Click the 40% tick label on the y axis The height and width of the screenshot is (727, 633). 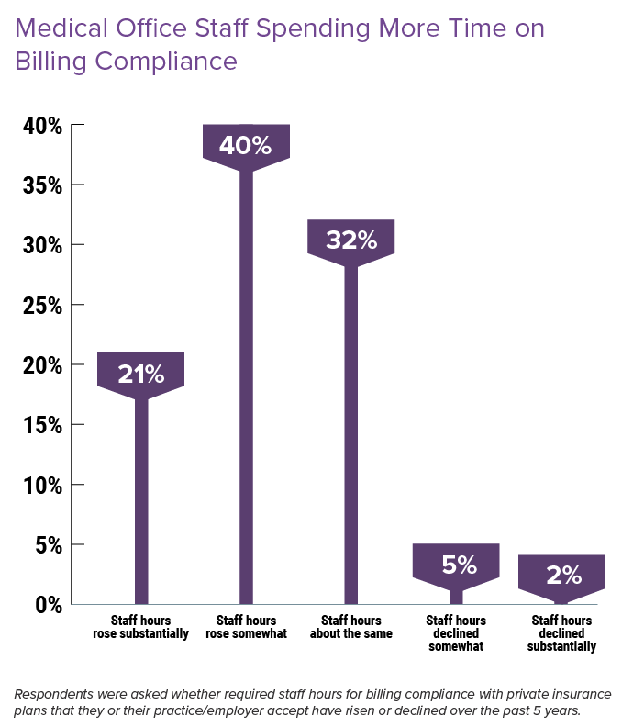click(42, 126)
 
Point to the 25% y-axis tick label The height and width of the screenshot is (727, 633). click(42, 305)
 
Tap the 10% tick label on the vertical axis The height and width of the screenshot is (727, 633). click(42, 485)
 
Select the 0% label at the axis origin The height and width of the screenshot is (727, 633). click(48, 605)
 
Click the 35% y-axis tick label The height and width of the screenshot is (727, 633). click(42, 185)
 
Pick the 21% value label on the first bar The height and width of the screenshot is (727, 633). click(141, 375)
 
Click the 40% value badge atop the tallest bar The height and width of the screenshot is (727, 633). click(246, 146)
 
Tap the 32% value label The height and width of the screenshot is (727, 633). click(351, 240)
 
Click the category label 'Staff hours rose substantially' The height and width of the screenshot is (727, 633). click(141, 627)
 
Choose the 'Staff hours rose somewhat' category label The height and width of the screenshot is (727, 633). click(246, 627)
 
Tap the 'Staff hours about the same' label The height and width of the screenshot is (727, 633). click(351, 627)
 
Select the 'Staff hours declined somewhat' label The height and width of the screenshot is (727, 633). click(457, 633)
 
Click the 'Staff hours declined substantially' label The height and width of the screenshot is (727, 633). click(562, 633)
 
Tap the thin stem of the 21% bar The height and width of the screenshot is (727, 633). click(141, 496)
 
